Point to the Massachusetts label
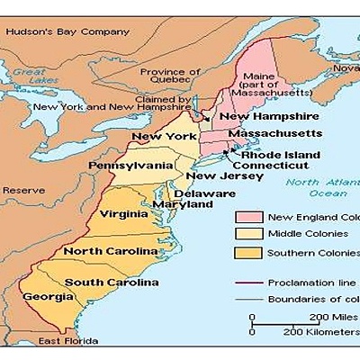coord(274,133)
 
